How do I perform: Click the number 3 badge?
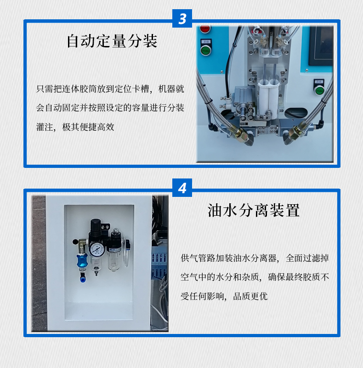click(x=182, y=19)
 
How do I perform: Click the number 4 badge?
click(x=182, y=189)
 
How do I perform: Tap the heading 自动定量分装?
click(x=112, y=41)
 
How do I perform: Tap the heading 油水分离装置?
click(x=254, y=210)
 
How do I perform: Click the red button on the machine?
click(x=205, y=29)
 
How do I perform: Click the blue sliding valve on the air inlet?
click(x=82, y=260)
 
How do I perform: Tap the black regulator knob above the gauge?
click(x=96, y=227)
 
